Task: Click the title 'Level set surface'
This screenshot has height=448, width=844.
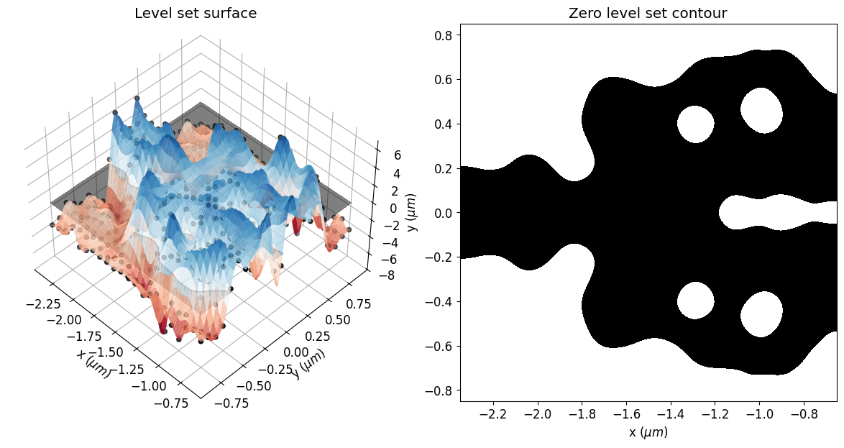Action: point(196,14)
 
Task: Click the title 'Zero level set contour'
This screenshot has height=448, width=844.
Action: point(648,14)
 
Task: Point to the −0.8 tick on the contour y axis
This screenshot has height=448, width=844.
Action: point(441,390)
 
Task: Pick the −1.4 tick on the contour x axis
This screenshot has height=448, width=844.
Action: point(671,414)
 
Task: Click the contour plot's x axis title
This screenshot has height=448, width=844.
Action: point(648,432)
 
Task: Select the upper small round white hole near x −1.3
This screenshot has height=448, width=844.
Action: point(695,124)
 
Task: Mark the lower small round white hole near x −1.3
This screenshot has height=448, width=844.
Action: point(695,301)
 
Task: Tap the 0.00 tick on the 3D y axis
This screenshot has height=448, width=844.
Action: point(298,352)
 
